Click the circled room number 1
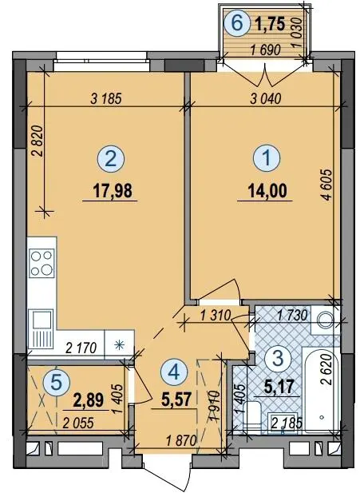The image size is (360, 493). [267, 158]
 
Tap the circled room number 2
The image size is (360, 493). [111, 158]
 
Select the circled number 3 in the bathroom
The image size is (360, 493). [278, 359]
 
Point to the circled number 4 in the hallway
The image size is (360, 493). [174, 373]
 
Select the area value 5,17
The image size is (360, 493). [279, 387]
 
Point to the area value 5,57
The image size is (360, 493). [176, 400]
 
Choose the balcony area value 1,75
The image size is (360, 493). [270, 24]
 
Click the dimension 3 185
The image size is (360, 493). [105, 99]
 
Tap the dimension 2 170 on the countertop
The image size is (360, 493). [81, 348]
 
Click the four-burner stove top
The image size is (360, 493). [42, 263]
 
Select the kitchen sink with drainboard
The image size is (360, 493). [41, 328]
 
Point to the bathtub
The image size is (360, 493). [321, 389]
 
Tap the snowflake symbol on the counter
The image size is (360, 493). [119, 345]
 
